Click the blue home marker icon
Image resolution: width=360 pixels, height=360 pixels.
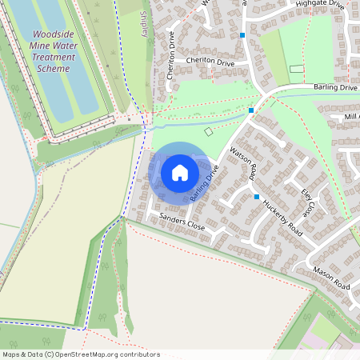[180, 173]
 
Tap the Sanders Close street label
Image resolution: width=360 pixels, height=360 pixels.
[182, 222]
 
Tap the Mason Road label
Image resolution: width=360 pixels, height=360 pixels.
[331, 279]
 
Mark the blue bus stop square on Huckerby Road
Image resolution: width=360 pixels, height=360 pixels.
[257, 197]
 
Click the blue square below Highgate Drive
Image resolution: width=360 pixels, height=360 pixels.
[242, 35]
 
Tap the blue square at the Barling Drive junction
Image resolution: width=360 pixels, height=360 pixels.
[251, 110]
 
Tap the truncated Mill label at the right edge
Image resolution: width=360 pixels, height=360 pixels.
[351, 117]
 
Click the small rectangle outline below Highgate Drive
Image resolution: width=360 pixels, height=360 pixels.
[297, 70]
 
